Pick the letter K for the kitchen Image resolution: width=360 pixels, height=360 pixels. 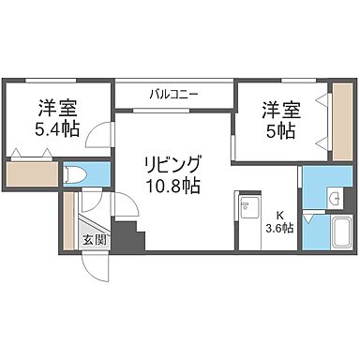click(x=279, y=214)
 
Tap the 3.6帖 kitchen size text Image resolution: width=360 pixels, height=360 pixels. click(x=280, y=227)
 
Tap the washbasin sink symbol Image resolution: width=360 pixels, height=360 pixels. click(x=335, y=196)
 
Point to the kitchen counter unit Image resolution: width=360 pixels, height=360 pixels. click(x=249, y=219)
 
